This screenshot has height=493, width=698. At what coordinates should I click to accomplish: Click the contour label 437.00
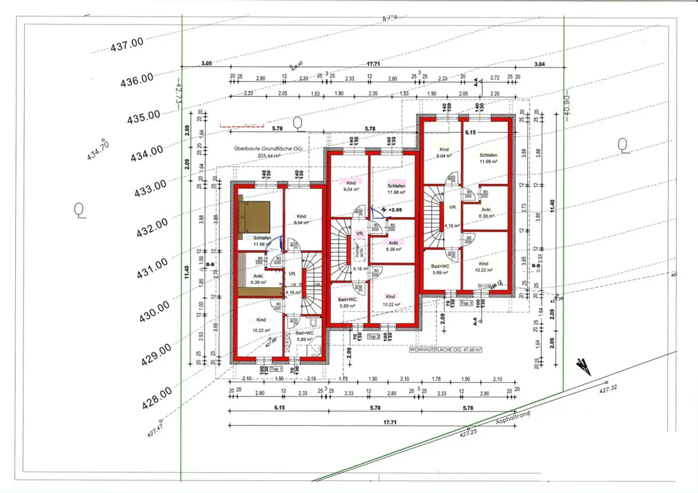click(127, 45)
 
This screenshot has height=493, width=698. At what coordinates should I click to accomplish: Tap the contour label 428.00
click(157, 398)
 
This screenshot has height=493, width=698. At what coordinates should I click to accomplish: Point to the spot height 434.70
click(98, 150)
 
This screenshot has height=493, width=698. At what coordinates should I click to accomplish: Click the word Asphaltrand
click(513, 418)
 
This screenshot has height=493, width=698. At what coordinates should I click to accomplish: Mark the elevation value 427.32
click(608, 389)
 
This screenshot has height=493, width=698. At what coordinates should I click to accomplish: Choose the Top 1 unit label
click(276, 369)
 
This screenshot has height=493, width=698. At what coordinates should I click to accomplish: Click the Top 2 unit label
click(373, 337)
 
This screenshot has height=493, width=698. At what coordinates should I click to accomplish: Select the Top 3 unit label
click(466, 303)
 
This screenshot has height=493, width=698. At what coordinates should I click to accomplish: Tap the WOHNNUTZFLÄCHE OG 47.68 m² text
click(445, 350)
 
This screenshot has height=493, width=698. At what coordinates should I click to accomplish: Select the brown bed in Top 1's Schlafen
click(254, 217)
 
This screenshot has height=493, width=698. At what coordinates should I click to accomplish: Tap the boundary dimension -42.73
click(178, 93)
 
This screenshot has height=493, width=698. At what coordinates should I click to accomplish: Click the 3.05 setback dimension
click(206, 63)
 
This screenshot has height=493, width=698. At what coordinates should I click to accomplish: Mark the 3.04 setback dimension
click(539, 64)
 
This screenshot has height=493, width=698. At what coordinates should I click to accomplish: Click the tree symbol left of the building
click(80, 210)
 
